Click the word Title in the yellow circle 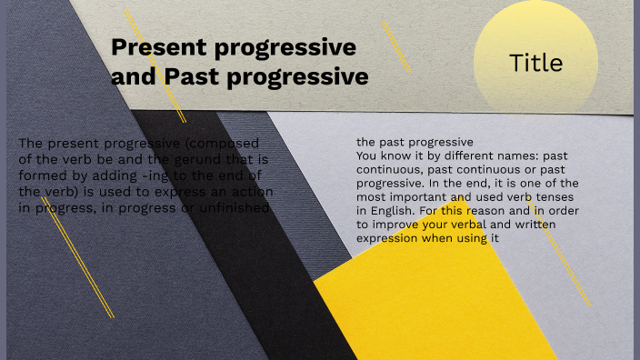point(535,63)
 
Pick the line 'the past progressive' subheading point(415,143)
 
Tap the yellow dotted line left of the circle point(396,45)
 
